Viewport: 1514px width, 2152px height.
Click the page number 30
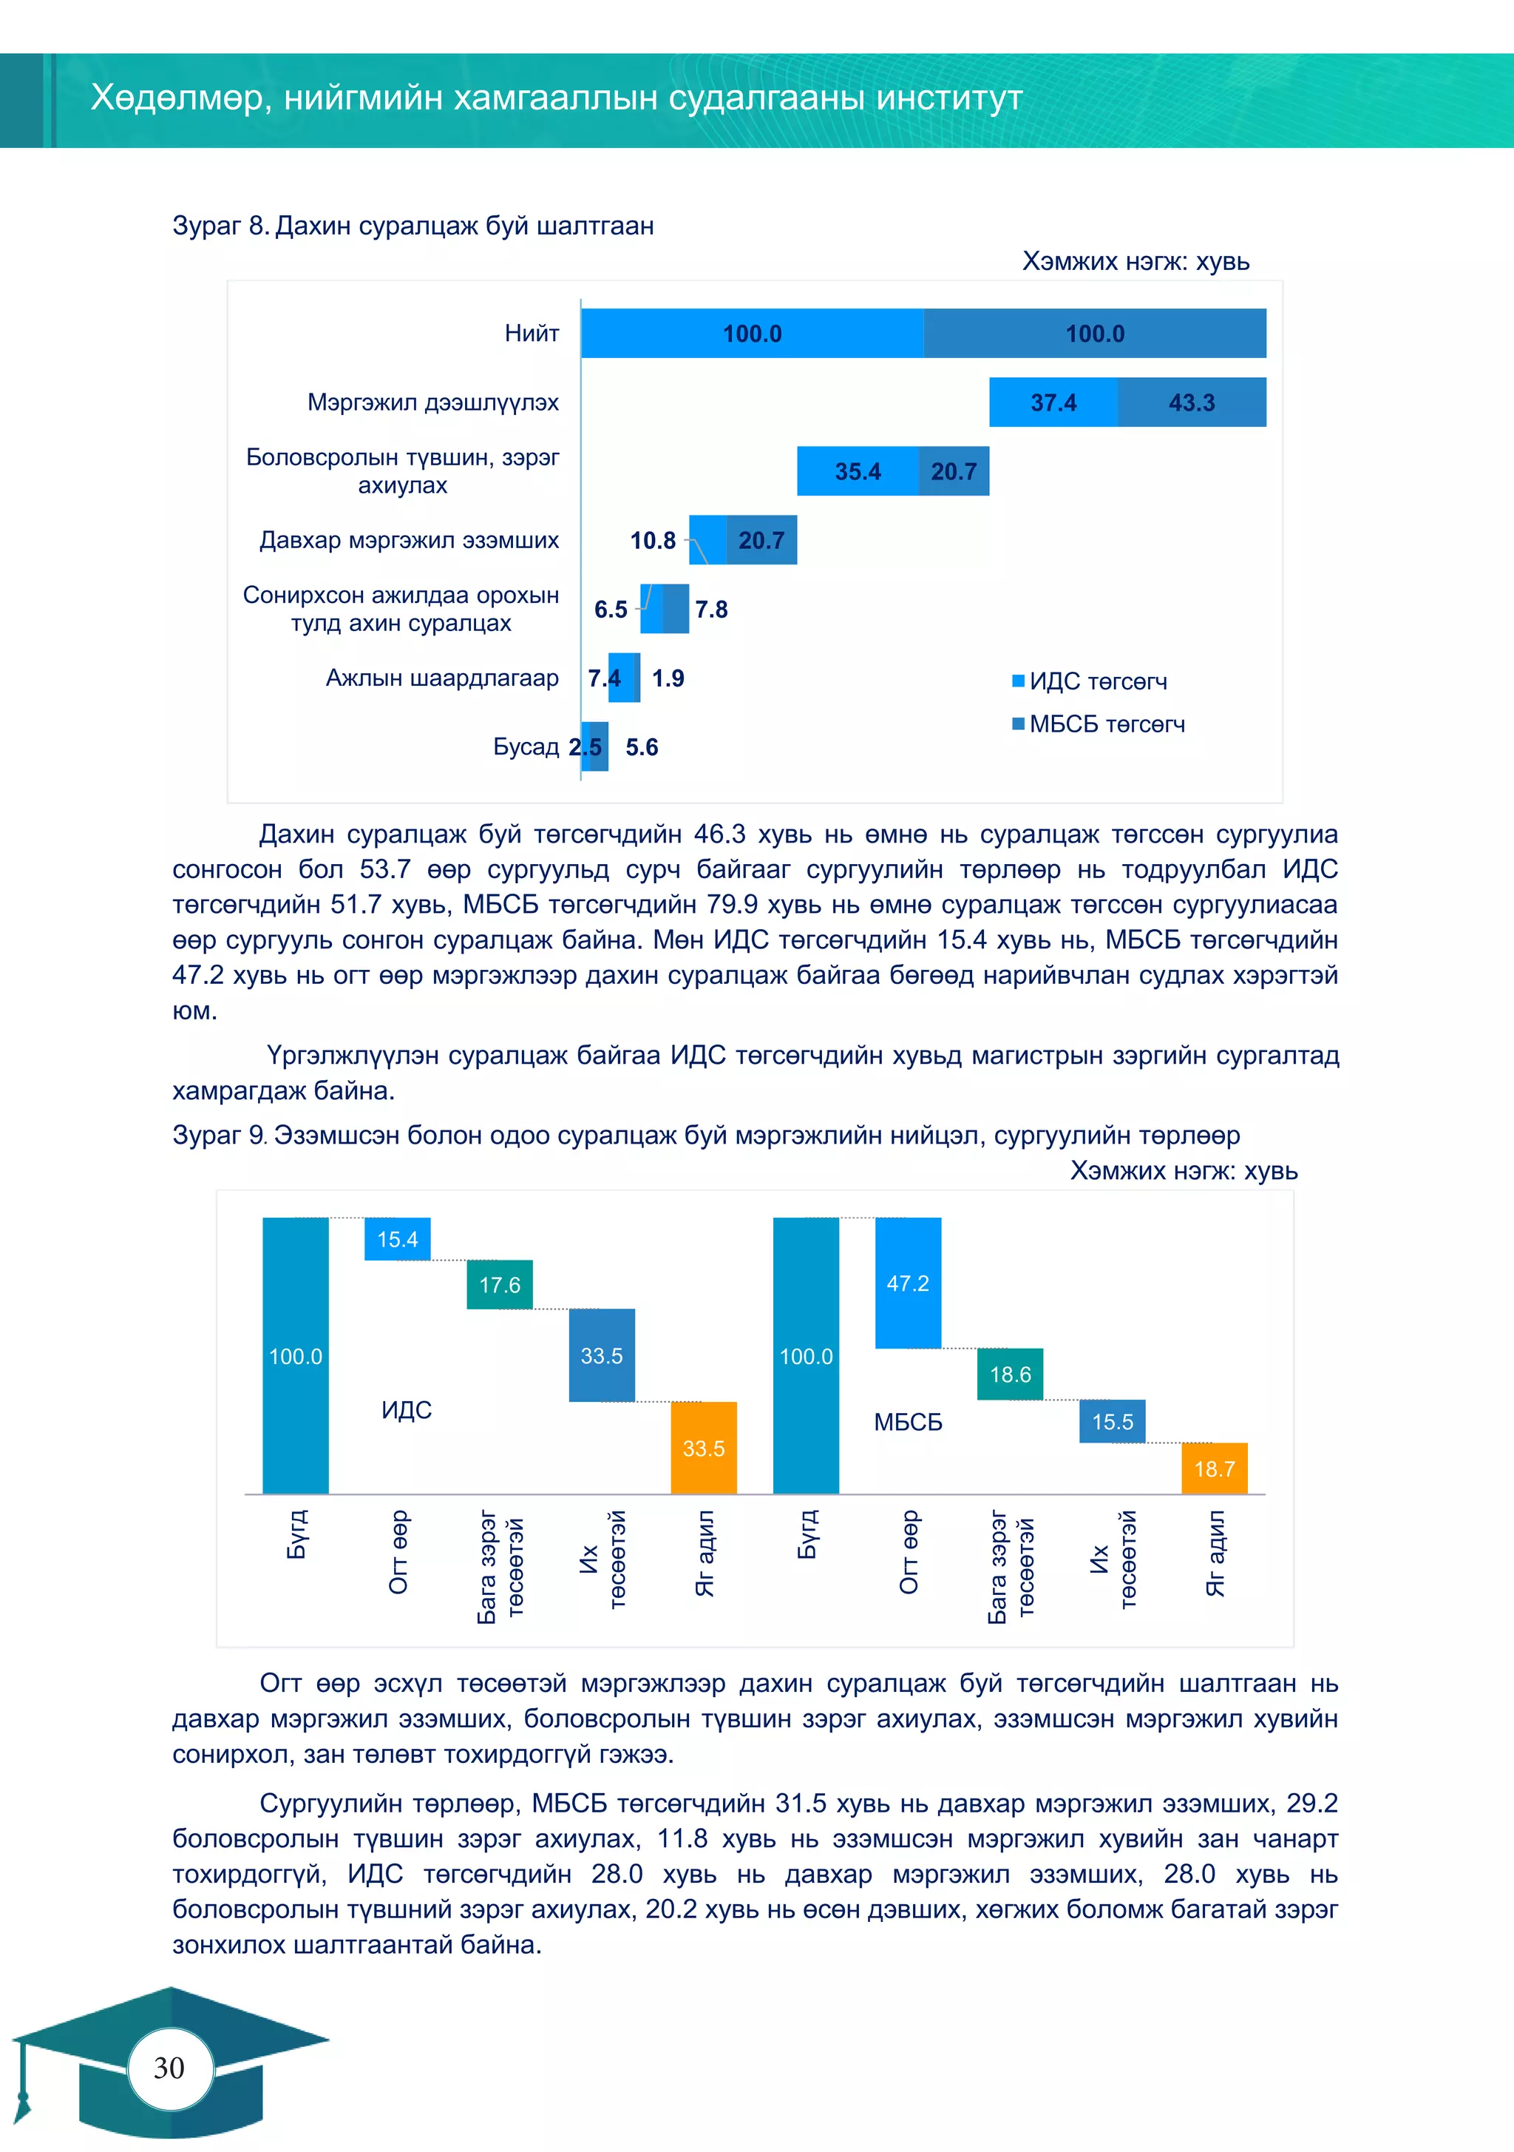pos(169,2068)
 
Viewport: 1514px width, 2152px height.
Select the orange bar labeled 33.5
pos(704,1447)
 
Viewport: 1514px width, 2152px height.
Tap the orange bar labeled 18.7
pos(1214,1468)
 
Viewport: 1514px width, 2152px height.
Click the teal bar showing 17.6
pos(499,1284)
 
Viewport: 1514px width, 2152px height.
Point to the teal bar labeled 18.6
pos(1010,1374)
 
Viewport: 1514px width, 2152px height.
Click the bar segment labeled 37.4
pos(1053,402)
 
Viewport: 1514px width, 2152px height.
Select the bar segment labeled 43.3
pos(1192,402)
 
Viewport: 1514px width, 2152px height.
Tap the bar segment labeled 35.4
pos(858,470)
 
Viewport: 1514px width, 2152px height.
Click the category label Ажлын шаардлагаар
pos(442,678)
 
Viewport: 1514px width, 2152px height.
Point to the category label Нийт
pos(532,333)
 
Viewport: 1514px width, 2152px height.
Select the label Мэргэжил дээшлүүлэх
pos(433,402)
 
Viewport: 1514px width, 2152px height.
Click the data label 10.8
pos(652,540)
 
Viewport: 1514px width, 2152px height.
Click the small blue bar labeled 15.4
pos(397,1239)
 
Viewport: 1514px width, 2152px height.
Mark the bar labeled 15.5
pos(1112,1421)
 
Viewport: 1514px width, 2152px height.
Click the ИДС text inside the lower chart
pos(407,1410)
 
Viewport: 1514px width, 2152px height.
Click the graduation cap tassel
pos(22,2097)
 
